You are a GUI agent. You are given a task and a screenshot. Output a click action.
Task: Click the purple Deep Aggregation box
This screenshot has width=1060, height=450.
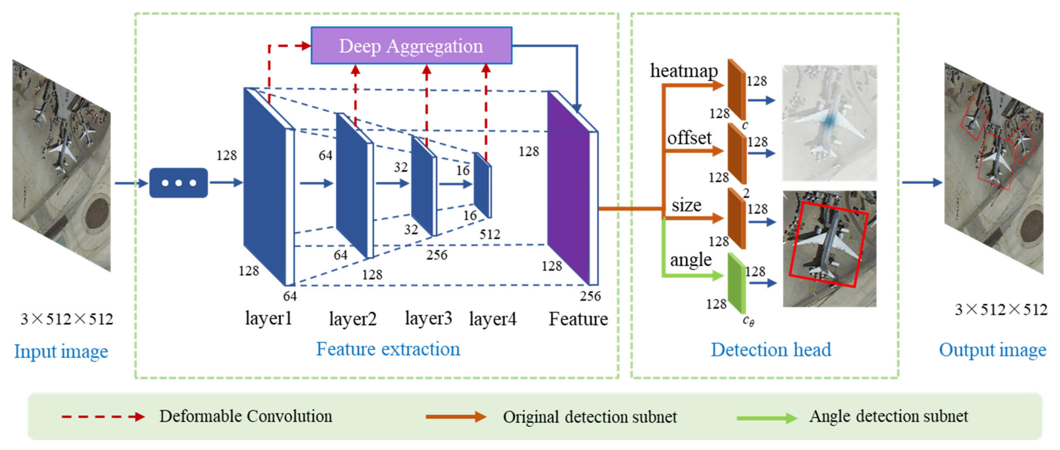pyautogui.click(x=411, y=46)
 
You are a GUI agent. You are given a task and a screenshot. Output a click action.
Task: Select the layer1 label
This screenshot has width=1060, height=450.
pyautogui.click(x=268, y=318)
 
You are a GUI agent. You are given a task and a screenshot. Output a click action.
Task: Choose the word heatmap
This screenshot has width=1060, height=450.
pyautogui.click(x=683, y=71)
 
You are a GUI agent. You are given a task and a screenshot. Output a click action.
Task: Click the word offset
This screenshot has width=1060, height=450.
pyautogui.click(x=689, y=138)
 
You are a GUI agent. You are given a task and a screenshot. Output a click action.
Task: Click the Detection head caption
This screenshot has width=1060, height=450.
pyautogui.click(x=771, y=350)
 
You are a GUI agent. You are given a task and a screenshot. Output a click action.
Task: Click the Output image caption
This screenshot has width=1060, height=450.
pyautogui.click(x=992, y=350)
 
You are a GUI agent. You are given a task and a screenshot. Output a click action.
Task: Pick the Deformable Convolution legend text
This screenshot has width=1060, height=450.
pyautogui.click(x=246, y=416)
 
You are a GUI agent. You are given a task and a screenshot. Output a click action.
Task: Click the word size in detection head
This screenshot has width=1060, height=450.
pyautogui.click(x=686, y=205)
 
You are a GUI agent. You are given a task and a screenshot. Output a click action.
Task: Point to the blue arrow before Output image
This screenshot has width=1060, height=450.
pyautogui.click(x=921, y=182)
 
